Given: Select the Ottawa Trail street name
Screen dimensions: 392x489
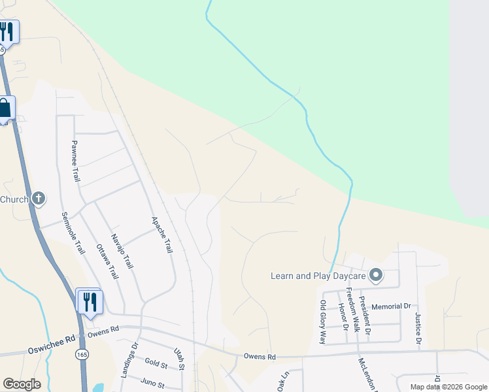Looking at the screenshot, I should [107, 262].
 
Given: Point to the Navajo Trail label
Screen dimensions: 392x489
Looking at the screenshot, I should [122, 252].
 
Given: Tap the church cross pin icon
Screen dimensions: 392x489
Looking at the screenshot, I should [39, 198].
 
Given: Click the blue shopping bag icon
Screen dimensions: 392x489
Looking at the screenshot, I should [5, 108].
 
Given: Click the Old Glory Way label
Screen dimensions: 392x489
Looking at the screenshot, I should [322, 322].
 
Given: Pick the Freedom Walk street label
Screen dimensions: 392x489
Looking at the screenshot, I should [350, 309].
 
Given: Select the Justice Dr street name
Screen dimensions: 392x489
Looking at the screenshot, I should [418, 330].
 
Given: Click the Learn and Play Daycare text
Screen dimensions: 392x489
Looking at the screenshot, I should [317, 276].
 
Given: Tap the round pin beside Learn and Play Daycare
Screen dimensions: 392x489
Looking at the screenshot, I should [375, 275].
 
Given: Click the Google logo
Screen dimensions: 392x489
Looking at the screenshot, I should [22, 384].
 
